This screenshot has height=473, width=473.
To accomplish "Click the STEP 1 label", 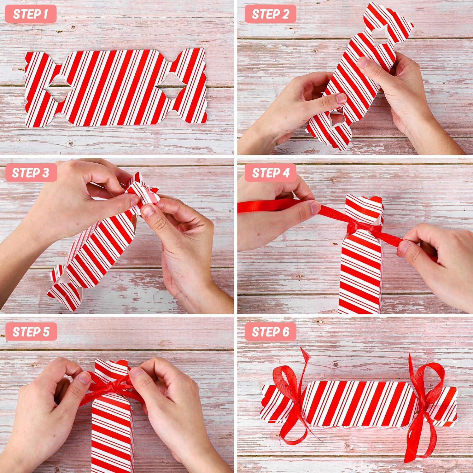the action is click(x=31, y=14).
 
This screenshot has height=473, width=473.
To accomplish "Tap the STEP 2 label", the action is click(x=271, y=14).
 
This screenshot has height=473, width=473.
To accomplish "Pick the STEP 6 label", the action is click(x=271, y=332).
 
